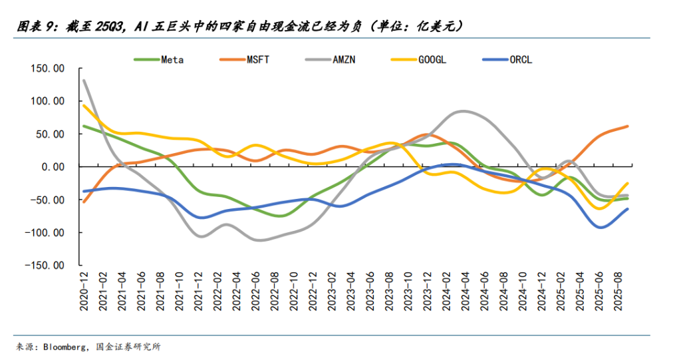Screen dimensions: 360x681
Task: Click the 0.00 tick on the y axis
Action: coord(51,167)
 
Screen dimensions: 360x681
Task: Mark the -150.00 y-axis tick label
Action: coord(45,266)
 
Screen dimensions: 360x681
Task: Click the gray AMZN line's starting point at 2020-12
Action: coord(84,81)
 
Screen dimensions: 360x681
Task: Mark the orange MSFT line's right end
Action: coord(627,126)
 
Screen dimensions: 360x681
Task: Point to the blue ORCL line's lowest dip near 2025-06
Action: coord(601,228)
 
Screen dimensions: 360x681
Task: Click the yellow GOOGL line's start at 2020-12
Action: coord(84,105)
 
